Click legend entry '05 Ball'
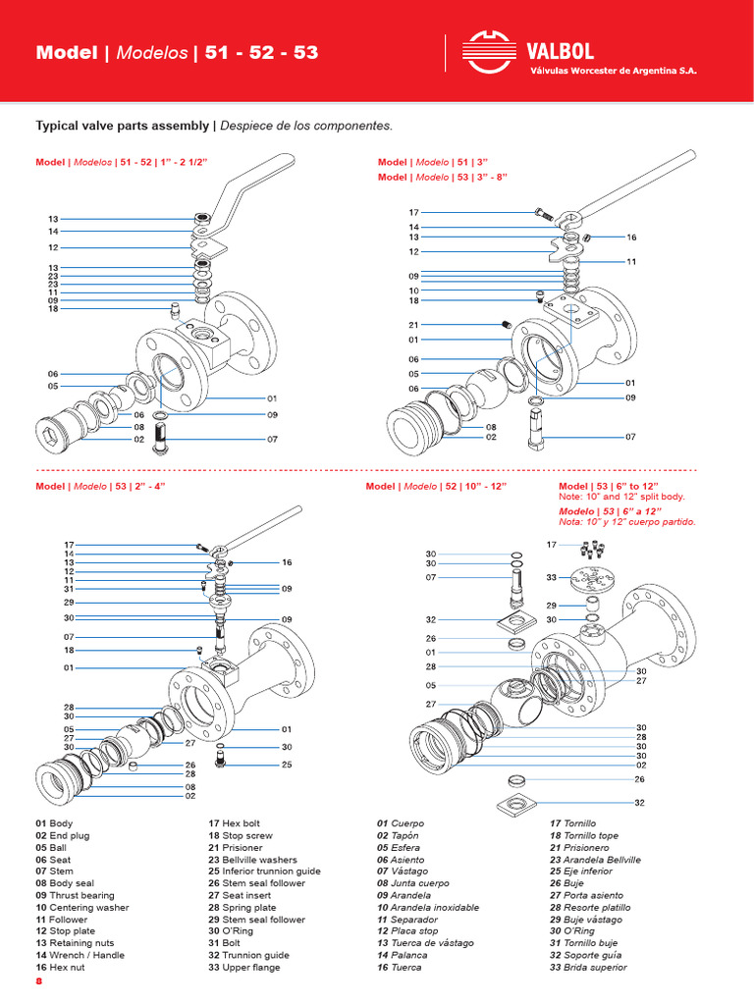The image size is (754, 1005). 56,847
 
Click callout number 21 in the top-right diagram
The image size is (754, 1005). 413,325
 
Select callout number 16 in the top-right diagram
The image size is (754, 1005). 631,238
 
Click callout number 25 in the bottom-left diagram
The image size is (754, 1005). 286,764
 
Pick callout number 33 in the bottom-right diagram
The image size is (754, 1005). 552,577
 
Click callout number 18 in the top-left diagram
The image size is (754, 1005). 53,309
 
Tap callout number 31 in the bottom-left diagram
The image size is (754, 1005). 69,589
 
